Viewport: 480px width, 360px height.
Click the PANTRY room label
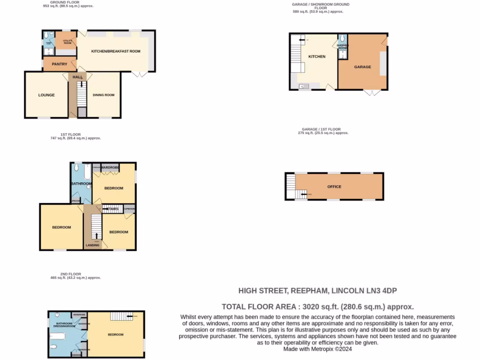click(60, 64)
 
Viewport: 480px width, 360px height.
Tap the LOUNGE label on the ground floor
click(46, 95)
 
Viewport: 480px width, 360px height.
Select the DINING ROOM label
click(104, 95)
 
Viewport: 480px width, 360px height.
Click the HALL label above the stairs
click(77, 77)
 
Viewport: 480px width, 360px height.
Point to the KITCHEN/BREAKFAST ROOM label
click(116, 51)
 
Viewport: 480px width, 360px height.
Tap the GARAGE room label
click(362, 67)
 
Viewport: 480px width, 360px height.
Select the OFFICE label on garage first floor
click(334, 187)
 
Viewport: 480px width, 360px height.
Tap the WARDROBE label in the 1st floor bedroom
click(110, 167)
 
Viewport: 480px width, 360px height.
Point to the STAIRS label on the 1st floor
click(112, 209)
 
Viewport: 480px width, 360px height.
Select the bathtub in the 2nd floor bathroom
click(58, 336)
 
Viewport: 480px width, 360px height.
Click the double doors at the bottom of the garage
click(373, 92)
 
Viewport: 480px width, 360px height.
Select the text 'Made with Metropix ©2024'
click(317, 349)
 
